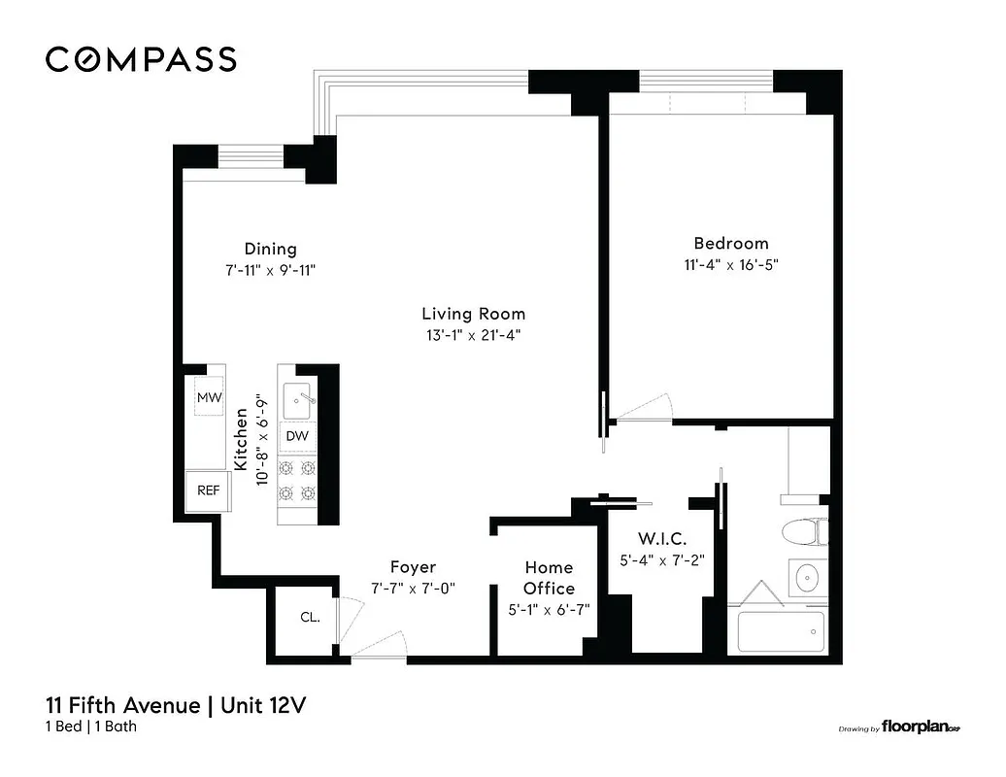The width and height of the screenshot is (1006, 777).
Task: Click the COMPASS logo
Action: coord(141,59)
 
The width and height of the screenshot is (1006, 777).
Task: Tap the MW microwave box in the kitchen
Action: coord(209,398)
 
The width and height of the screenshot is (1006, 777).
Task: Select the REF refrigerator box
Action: coord(208,490)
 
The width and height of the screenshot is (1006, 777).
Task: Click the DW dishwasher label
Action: coord(297,436)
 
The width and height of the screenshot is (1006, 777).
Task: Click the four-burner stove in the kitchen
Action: coord(297,480)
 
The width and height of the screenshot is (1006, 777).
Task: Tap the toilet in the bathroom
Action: coord(805,532)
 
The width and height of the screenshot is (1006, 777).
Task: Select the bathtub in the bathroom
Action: coord(781,631)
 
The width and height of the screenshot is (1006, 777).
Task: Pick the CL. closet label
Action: coord(310,617)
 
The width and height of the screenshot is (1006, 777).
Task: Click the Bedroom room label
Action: coord(730,244)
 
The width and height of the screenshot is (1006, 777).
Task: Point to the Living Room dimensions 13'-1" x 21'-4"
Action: coord(473,335)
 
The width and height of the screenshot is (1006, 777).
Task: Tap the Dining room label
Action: coord(270,250)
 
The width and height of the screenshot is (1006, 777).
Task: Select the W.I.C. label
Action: coord(662,538)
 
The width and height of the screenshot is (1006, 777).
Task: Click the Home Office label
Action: coord(549,578)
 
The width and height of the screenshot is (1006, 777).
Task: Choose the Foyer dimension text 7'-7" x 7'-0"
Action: coord(413,588)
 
